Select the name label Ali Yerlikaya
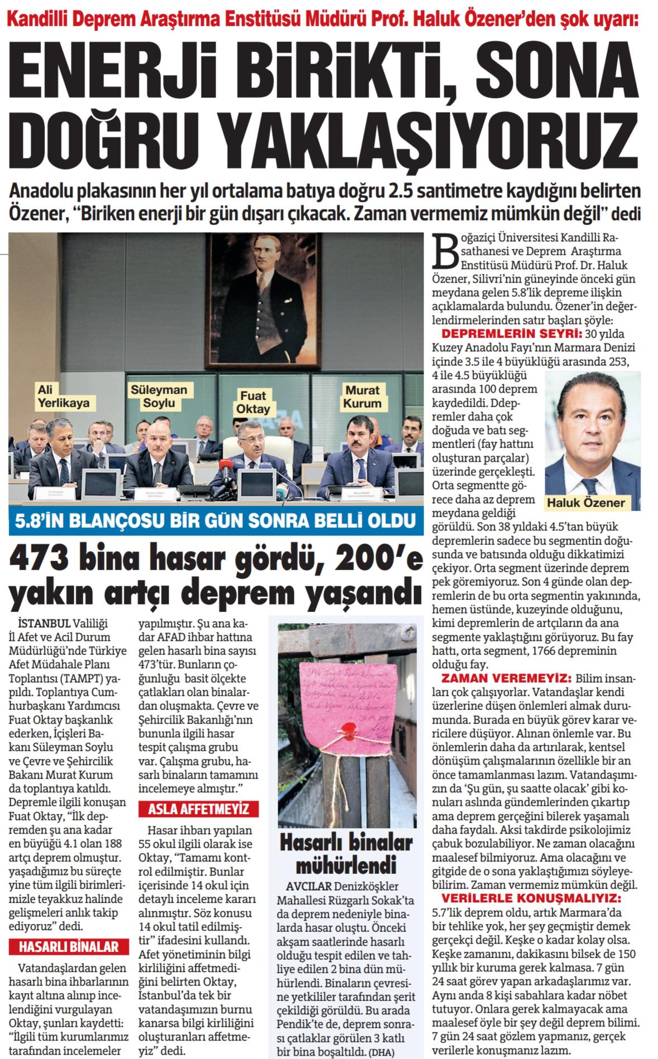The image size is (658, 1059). pyautogui.click(x=56, y=395)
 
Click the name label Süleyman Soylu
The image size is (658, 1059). pyautogui.click(x=152, y=395)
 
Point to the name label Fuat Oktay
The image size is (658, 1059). pyautogui.click(x=255, y=402)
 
